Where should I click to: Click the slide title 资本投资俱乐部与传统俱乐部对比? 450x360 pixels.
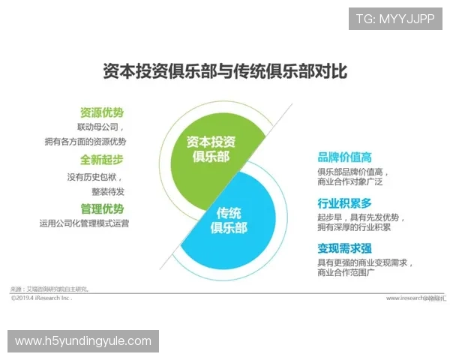click(x=224, y=71)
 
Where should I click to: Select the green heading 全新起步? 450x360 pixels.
click(x=102, y=160)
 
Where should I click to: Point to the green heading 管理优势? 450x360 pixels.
click(x=102, y=208)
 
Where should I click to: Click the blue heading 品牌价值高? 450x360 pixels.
click(x=344, y=157)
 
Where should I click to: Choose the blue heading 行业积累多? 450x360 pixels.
click(x=344, y=203)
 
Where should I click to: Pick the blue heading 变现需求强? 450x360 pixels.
click(x=344, y=248)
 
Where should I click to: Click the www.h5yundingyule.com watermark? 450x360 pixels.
click(x=83, y=341)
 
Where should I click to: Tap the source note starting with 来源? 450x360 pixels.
click(x=49, y=289)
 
